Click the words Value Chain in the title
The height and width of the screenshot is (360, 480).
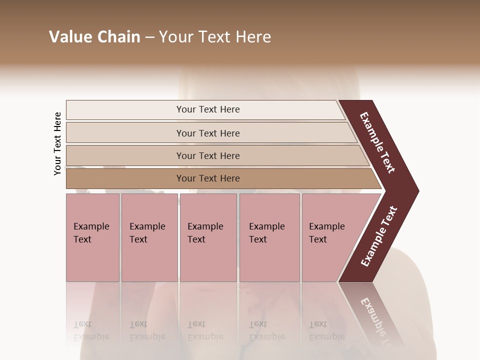(94, 37)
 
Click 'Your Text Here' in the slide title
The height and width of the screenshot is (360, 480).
(215, 37)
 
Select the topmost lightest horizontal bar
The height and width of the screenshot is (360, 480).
(125, 110)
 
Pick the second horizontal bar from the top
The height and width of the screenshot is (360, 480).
(125, 133)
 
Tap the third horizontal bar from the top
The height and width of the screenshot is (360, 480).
(125, 156)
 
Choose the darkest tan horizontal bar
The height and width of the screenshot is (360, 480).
(125, 178)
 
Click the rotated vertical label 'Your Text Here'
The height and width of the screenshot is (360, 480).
(57, 143)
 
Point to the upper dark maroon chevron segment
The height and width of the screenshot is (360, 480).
(378, 143)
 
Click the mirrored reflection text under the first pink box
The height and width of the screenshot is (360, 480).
(91, 330)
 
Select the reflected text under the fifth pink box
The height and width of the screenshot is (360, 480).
(326, 330)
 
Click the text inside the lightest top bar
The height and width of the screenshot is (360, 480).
(208, 109)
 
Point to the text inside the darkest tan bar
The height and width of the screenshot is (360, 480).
(208, 178)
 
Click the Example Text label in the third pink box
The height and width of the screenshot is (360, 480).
(205, 232)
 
